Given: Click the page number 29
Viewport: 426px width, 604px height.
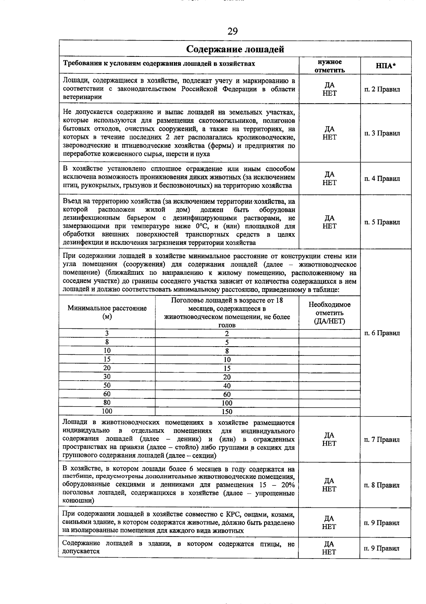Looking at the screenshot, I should (232, 32).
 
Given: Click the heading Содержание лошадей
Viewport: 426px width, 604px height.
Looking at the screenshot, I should (235, 49).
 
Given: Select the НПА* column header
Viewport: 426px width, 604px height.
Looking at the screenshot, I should (386, 66).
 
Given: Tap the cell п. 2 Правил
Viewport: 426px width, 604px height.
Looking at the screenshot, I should (382, 89).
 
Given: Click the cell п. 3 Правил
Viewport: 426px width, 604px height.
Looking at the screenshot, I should (382, 133).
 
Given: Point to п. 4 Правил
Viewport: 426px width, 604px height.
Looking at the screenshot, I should (382, 179).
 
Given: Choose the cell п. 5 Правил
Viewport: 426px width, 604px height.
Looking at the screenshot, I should (382, 222).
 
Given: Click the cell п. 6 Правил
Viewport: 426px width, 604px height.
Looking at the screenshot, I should (382, 333).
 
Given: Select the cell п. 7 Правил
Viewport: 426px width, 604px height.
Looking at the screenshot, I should (382, 440).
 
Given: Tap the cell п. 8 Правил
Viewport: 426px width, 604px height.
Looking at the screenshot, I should (382, 485).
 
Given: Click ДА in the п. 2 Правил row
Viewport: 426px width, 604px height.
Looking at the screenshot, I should (329, 85).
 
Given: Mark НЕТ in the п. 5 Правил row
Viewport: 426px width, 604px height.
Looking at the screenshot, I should (329, 226).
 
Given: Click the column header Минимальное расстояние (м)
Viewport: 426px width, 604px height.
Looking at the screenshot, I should (107, 312).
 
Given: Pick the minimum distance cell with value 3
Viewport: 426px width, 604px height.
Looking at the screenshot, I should (107, 333).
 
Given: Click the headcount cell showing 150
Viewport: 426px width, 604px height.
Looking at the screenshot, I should (227, 412).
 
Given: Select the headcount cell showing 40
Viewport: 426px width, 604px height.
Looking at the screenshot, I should (227, 386).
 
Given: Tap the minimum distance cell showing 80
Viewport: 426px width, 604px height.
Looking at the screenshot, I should (107, 403).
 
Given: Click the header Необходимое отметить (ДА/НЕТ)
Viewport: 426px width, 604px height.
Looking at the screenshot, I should (329, 313).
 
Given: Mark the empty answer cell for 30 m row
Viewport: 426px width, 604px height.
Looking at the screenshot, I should (329, 377).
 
